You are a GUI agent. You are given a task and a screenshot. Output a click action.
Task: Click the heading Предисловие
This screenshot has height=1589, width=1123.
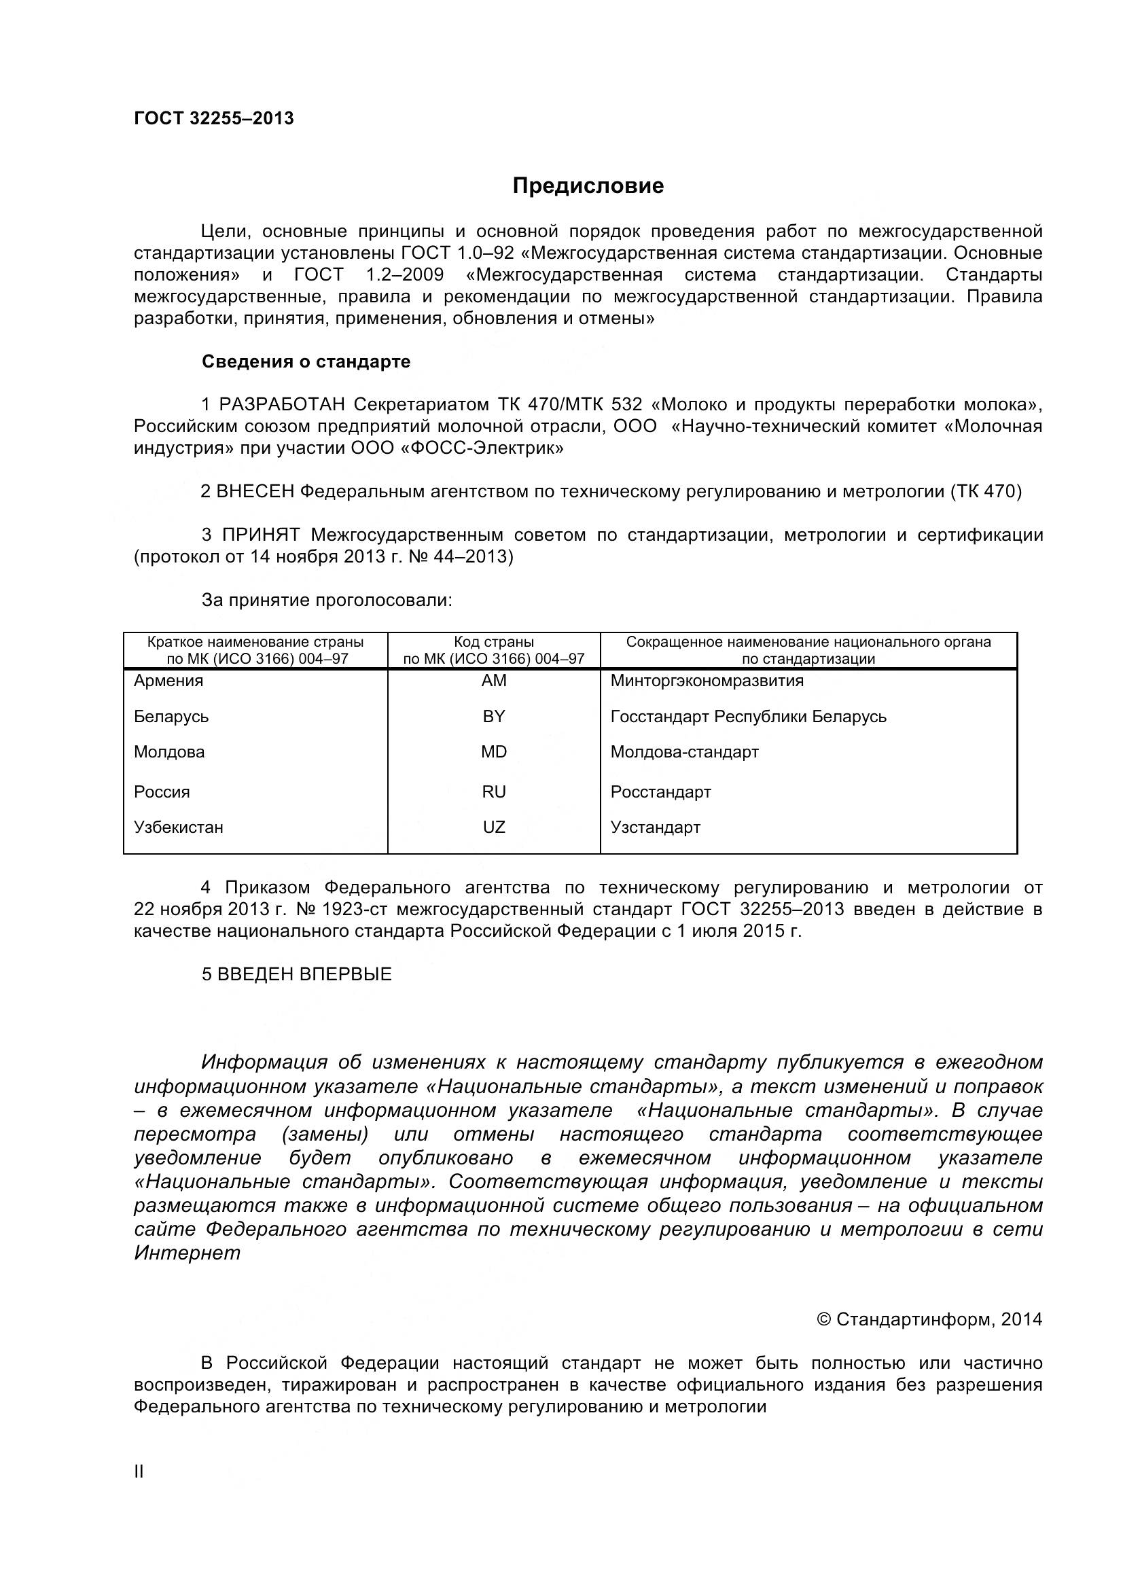click(588, 186)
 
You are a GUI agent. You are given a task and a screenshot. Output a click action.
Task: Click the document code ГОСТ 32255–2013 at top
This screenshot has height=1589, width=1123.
click(214, 118)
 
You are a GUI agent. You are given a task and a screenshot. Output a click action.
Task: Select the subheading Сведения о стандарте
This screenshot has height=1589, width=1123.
click(306, 362)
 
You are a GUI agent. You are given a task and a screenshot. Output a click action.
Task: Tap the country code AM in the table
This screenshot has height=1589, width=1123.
click(494, 681)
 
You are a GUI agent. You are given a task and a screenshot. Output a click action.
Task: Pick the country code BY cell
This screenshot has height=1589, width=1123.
click(494, 716)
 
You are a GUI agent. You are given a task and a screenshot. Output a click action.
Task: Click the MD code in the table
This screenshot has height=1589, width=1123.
click(494, 752)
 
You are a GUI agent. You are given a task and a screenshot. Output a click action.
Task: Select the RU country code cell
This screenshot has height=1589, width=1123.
click(494, 791)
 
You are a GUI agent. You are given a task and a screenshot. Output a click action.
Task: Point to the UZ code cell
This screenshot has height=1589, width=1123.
click(494, 827)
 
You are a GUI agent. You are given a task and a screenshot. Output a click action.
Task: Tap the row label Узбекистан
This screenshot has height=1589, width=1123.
click(179, 827)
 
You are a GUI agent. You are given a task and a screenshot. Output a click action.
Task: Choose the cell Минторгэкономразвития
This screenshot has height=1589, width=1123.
click(707, 681)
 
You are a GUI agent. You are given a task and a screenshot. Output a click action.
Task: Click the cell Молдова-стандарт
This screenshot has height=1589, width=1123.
click(684, 752)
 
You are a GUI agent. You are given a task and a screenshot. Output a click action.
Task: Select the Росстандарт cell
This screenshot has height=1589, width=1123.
click(661, 791)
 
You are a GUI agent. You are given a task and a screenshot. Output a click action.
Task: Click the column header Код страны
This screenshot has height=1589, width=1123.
click(494, 642)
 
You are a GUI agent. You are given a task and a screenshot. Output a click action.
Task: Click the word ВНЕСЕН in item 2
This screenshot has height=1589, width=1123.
click(255, 491)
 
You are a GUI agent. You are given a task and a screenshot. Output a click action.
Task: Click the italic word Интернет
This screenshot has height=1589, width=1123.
click(188, 1253)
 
